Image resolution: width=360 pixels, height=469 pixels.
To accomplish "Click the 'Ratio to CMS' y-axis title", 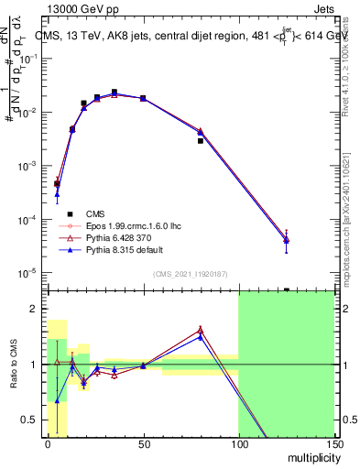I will [x=12, y=365].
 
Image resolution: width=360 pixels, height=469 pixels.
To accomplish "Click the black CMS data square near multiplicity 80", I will [x=200, y=141].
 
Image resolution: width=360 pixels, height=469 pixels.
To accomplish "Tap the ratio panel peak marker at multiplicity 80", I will [x=200, y=330].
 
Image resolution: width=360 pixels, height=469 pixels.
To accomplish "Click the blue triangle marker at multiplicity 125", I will [x=286, y=240].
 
